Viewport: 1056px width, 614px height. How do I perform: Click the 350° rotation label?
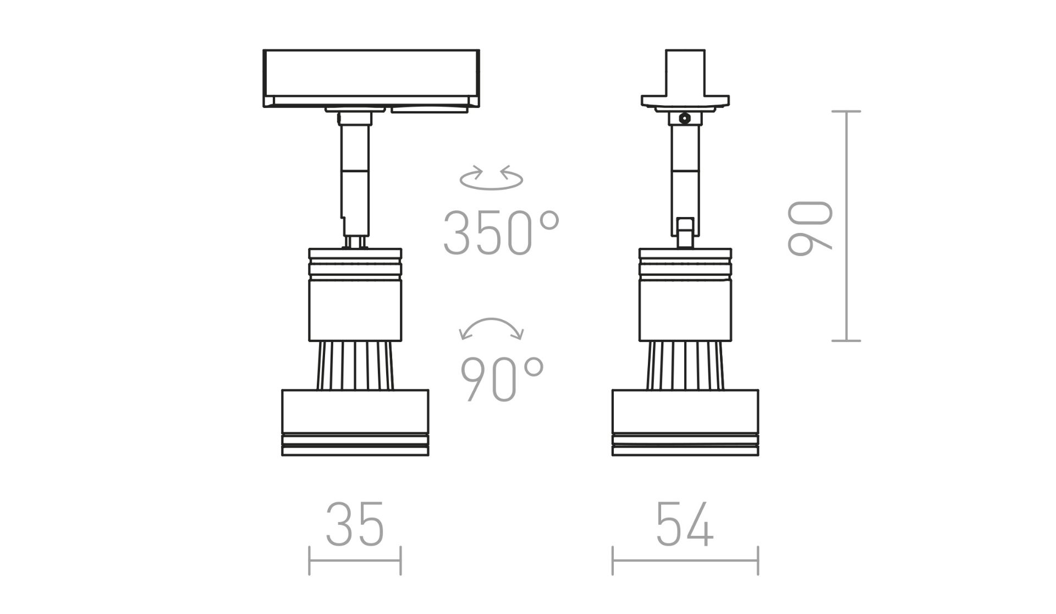(x=501, y=233)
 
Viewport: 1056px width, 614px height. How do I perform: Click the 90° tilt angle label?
(x=502, y=379)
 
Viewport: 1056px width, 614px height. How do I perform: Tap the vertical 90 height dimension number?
(x=810, y=229)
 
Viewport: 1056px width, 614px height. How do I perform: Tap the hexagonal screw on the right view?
(x=685, y=118)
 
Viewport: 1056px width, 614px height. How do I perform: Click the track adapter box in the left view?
(x=371, y=78)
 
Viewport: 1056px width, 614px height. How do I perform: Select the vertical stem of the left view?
(x=355, y=179)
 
